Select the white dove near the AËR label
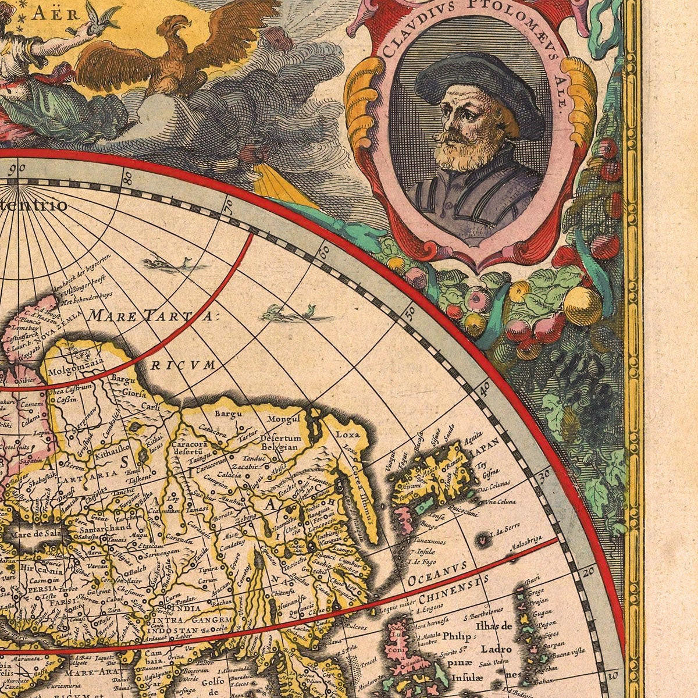pos(99,17)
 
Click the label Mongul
pos(283,419)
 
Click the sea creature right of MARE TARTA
pos(297,314)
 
